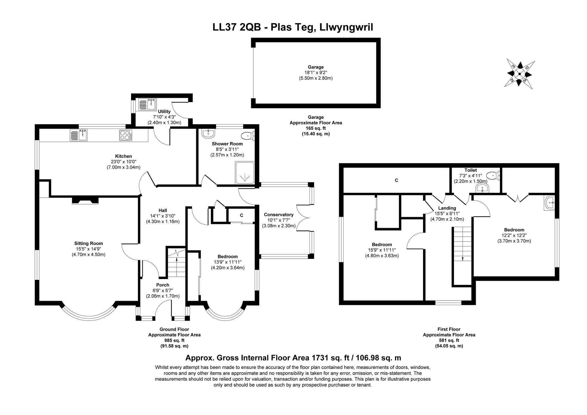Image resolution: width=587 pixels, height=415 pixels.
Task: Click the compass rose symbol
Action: pos(519,74)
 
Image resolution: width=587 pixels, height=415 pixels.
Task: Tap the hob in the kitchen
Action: pos(126,135)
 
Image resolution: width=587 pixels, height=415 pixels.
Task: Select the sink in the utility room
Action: pos(147,104)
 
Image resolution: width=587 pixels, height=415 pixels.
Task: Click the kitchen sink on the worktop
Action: pos(79,135)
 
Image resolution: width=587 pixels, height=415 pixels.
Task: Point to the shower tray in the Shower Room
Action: pos(244,173)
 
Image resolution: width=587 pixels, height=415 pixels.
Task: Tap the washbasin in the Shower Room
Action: pos(208,133)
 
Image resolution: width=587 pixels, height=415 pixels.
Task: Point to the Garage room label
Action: pos(316,67)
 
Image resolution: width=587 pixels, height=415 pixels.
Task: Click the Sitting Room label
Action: pos(89,243)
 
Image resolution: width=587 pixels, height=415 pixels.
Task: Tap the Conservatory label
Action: pos(279,215)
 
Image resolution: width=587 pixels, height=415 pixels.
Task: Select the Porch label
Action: pos(163,285)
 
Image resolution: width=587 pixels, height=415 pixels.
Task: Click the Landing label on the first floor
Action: pos(447,208)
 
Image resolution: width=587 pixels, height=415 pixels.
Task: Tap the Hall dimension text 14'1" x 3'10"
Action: pos(163,216)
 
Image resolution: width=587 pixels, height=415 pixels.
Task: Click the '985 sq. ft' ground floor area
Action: pos(174,340)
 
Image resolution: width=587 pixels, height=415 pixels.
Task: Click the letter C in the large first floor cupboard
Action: pos(396,180)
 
